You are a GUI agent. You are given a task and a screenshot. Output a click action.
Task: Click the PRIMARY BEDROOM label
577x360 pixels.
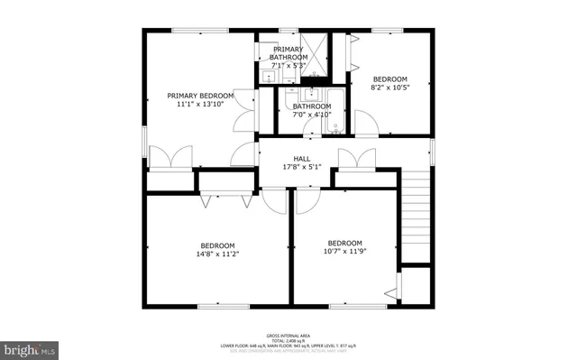tap(200, 96)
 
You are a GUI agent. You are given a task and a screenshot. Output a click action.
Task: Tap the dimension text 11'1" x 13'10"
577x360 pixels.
tap(200, 105)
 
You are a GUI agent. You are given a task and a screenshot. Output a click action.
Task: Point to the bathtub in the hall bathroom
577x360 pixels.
tap(333, 112)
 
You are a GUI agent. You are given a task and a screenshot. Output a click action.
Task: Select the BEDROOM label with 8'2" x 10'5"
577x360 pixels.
tap(389, 78)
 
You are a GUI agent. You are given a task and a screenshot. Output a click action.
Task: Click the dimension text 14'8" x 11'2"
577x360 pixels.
tap(217, 254)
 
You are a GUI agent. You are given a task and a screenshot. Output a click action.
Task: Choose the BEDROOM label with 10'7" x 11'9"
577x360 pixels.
tap(344, 243)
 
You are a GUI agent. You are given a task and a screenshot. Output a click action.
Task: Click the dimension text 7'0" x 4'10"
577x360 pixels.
tap(311, 114)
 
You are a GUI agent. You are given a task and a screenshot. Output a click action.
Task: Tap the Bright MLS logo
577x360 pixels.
tap(30, 347)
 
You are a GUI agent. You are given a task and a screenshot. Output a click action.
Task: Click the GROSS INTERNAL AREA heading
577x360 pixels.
tap(288, 333)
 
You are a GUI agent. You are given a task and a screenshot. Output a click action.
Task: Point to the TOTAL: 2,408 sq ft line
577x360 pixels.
tap(288, 339)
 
